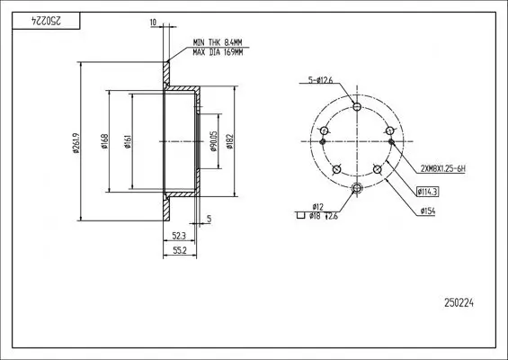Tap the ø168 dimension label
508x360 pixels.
coord(106,141)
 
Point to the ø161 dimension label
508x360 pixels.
coord(129,141)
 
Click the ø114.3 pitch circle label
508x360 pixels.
coord(427,191)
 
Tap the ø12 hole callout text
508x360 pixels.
coord(316,206)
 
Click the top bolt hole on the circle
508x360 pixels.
coord(357,107)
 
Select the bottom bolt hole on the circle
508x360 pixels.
coord(357,187)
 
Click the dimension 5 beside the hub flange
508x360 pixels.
coord(209,219)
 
